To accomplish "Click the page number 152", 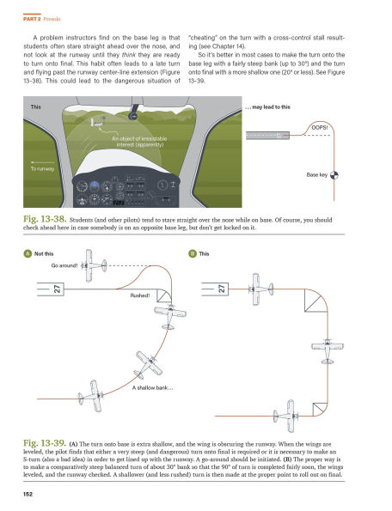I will (28, 494).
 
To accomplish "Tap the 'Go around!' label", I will (66, 266).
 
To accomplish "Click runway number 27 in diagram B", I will (222, 290).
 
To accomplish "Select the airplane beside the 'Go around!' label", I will (101, 259).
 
